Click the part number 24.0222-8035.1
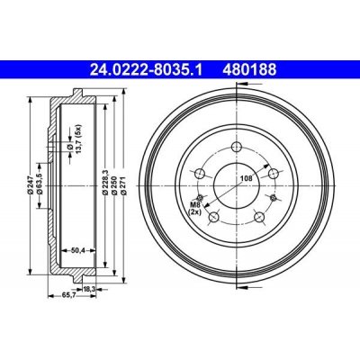click(147, 70)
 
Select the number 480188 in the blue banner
click(249, 70)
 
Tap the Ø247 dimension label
click(30, 185)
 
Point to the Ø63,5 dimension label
click(39, 185)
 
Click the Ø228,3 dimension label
click(105, 182)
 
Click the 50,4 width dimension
click(77, 249)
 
